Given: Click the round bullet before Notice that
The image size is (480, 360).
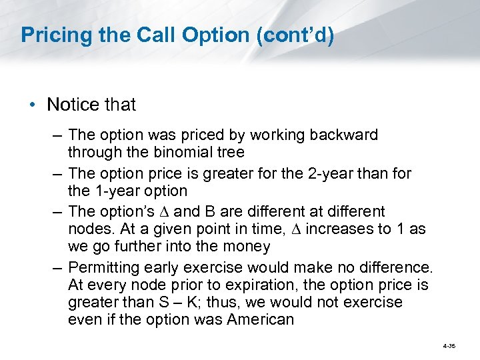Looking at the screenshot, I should [33, 105].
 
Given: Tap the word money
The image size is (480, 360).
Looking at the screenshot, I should [247, 247].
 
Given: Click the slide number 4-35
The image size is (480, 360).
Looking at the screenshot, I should [448, 347].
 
